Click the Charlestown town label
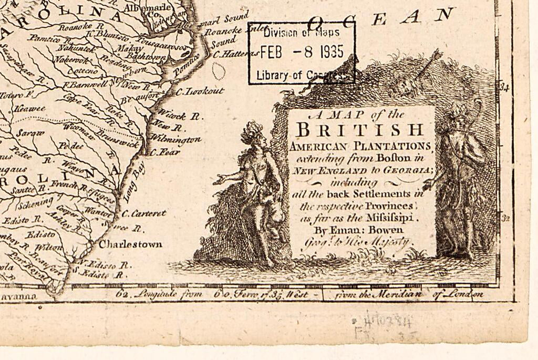(x=131, y=244)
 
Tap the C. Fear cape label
(x=164, y=152)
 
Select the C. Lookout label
(x=200, y=91)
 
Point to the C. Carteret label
(x=143, y=213)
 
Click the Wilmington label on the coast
(x=175, y=139)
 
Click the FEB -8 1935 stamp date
(x=302, y=53)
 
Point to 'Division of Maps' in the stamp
(x=302, y=33)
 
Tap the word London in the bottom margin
(x=464, y=294)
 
